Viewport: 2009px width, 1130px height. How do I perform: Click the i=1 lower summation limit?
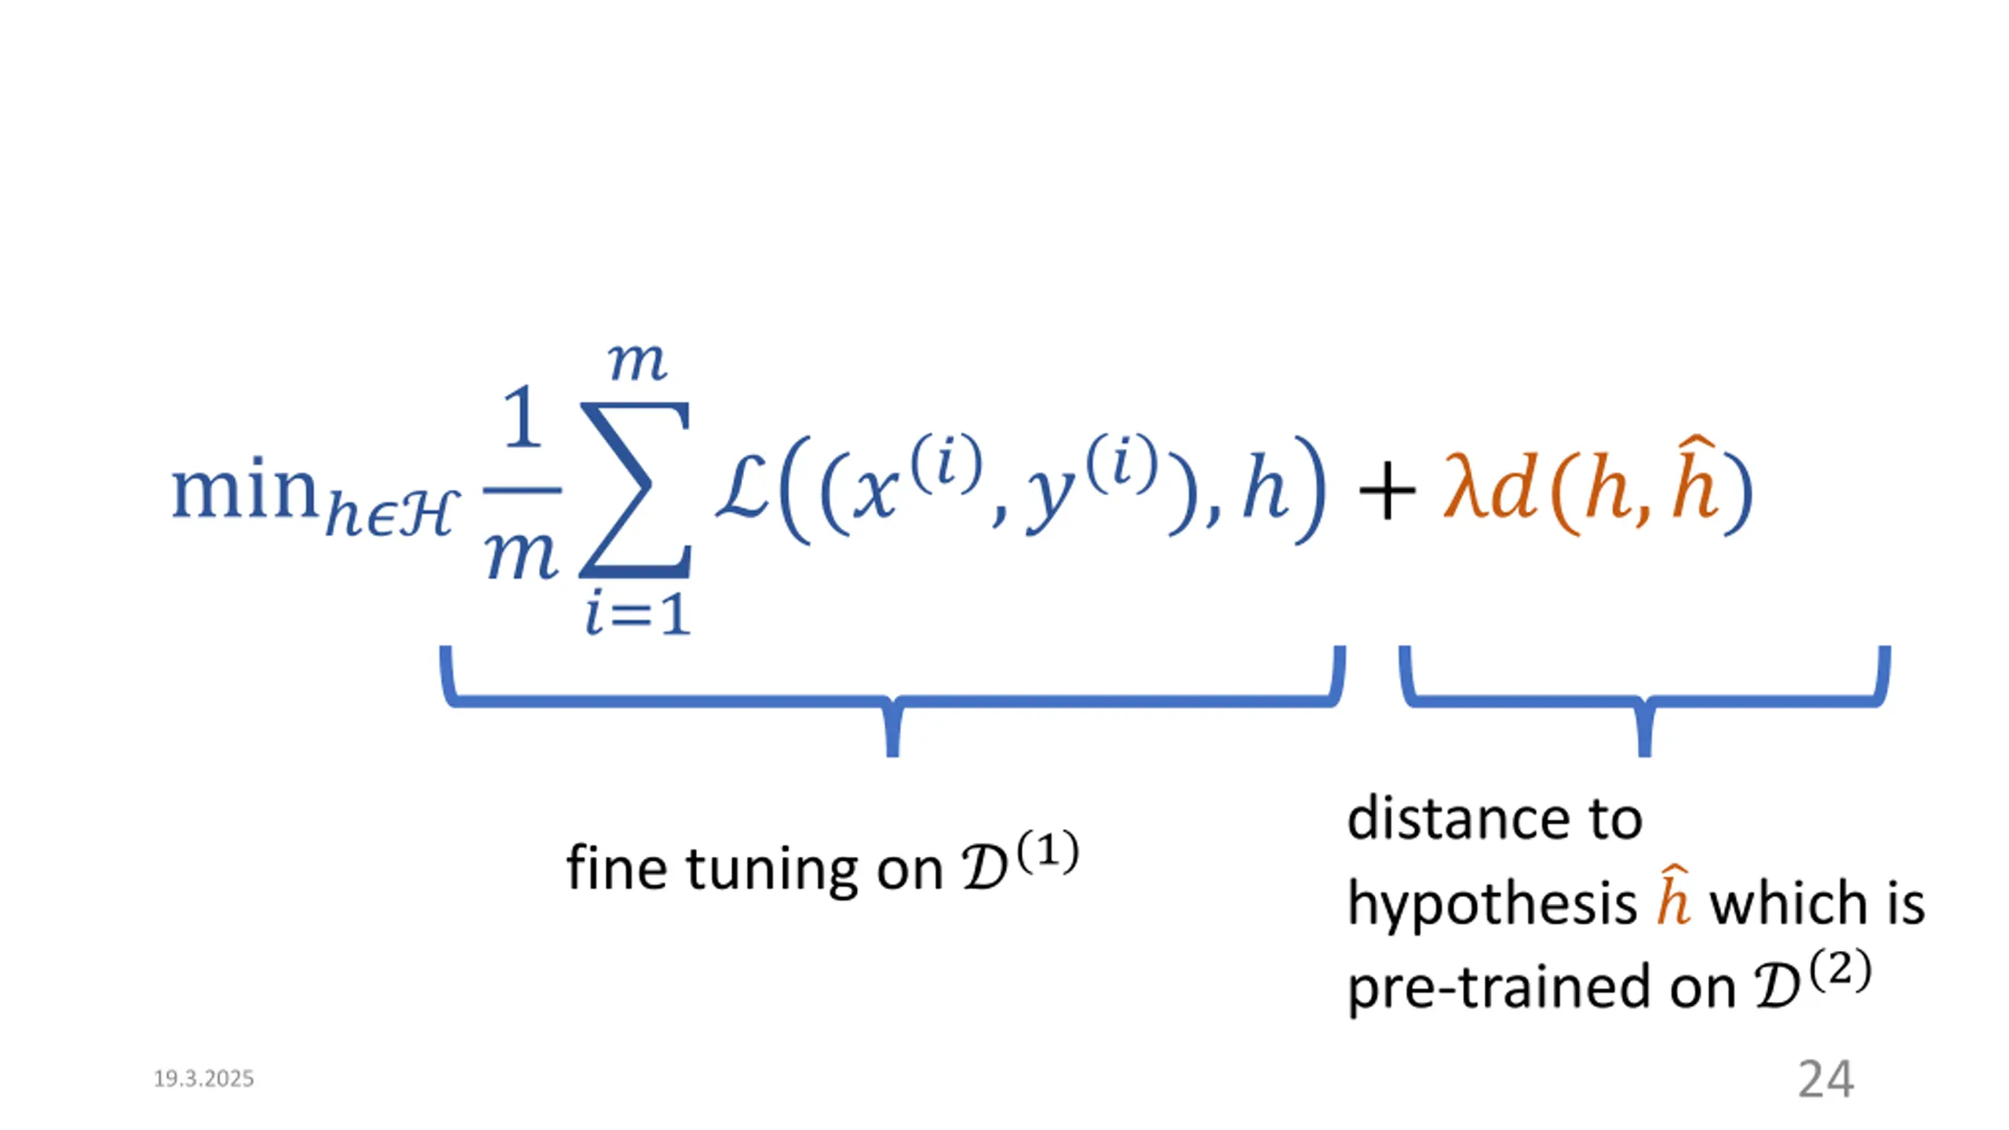click(x=637, y=614)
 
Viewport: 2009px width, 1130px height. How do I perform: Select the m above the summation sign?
click(x=637, y=363)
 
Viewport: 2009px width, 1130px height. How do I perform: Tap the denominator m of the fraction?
click(x=523, y=556)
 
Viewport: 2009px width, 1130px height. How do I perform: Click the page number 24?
click(x=1825, y=1080)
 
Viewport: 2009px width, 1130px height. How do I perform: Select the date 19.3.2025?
click(x=204, y=1079)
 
